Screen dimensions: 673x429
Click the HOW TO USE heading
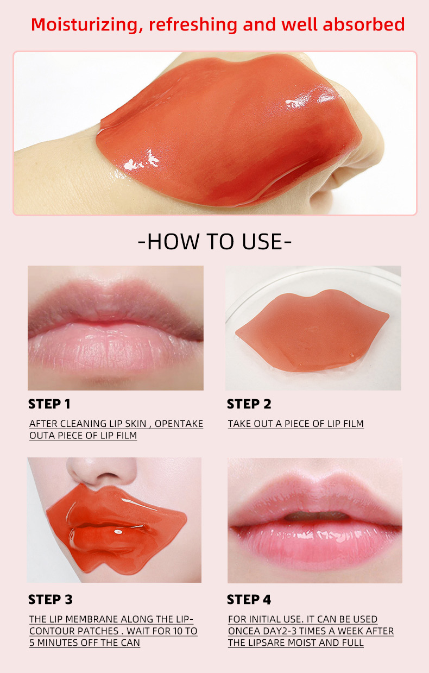(x=214, y=242)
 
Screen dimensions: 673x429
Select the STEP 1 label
(x=49, y=404)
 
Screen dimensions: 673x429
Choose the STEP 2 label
(x=249, y=404)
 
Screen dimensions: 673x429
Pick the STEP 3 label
(x=50, y=600)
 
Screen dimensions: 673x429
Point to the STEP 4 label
(x=249, y=600)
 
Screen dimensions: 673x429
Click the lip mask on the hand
(x=228, y=136)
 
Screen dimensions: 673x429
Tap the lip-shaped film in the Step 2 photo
(x=312, y=331)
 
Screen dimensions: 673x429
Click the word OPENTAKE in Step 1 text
(x=179, y=424)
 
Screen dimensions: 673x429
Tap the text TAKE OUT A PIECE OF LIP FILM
(x=295, y=424)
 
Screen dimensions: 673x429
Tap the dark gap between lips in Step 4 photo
(x=315, y=516)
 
